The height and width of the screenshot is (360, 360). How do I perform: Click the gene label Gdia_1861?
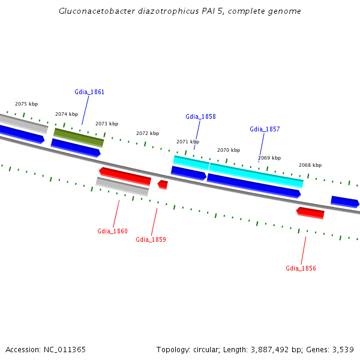[89, 92]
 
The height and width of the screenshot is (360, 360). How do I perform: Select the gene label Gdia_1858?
[200, 116]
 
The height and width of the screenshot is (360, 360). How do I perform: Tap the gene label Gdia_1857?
[265, 129]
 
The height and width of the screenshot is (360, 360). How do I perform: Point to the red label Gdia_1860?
[112, 231]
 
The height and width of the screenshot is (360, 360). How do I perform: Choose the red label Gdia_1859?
[151, 239]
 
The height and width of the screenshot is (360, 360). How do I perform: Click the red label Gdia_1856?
[301, 268]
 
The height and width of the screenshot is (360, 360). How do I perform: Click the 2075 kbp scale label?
[26, 104]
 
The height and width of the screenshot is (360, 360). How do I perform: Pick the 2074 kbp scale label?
[67, 114]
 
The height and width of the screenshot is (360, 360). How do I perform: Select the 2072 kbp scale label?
[148, 133]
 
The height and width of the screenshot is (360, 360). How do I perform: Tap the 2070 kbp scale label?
[229, 150]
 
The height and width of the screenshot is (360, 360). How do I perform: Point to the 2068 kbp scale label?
[310, 165]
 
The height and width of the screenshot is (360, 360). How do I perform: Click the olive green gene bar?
[79, 137]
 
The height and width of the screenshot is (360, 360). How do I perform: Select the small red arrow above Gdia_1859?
[163, 184]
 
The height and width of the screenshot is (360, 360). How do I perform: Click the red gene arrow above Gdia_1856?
[310, 212]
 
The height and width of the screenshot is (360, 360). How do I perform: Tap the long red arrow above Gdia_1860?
[125, 176]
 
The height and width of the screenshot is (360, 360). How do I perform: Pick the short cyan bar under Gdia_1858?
[191, 162]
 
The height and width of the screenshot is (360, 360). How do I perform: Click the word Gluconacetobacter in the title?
[97, 11]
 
